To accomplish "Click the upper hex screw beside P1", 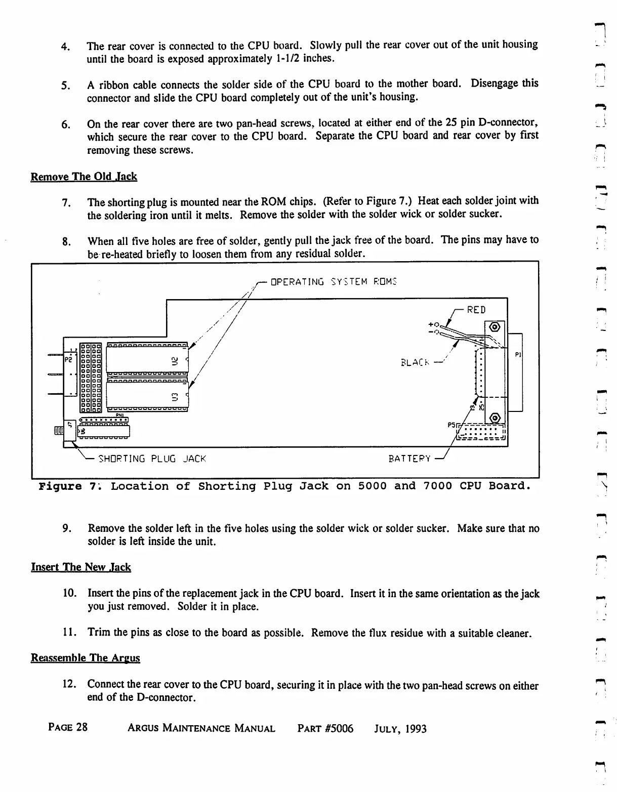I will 495,326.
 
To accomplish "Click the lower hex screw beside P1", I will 495,418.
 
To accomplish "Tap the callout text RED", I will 476,310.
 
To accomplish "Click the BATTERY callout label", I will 409,459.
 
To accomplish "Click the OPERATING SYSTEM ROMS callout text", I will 334,282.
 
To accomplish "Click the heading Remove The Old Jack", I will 84,177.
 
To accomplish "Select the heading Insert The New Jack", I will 81,567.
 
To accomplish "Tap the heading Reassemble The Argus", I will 86,658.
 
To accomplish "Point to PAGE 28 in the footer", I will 68,728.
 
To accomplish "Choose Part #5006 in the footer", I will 325,729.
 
